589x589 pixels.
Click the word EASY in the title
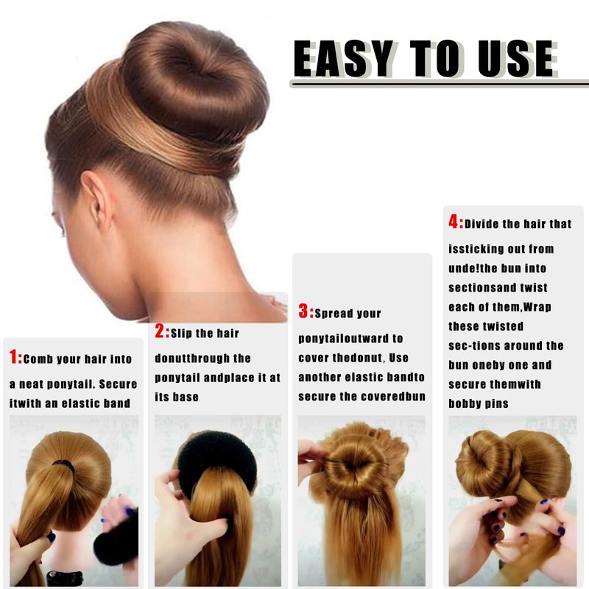point(343,59)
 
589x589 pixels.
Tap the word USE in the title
point(517,59)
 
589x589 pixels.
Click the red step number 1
point(13,356)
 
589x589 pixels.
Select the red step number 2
point(160,331)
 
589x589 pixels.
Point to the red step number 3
point(303,311)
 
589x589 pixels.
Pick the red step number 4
point(454,222)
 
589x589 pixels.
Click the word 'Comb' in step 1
point(38,359)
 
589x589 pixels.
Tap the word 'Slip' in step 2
point(181,334)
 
